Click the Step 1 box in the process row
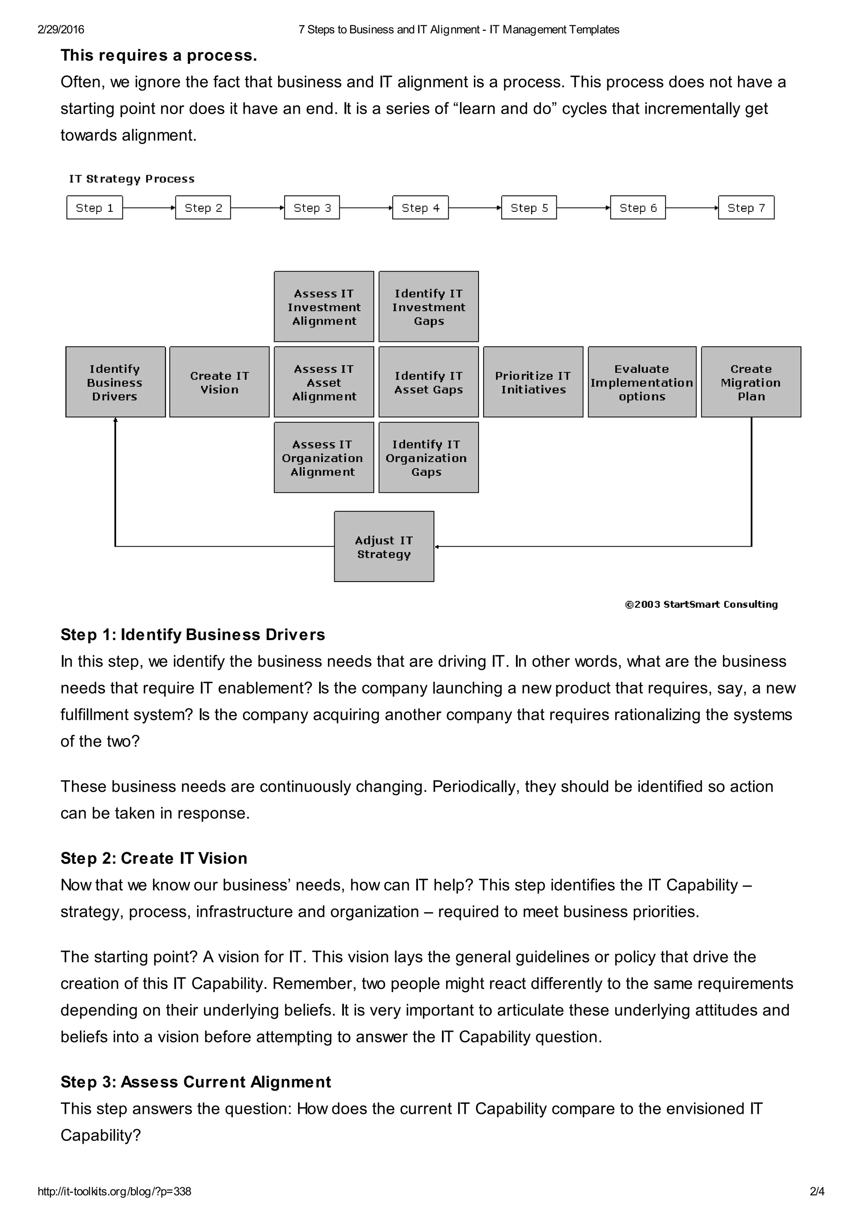click(x=95, y=208)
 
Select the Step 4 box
click(x=420, y=208)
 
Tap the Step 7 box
click(x=746, y=208)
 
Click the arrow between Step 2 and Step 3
click(x=258, y=208)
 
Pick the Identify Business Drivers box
click(x=115, y=382)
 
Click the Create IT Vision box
click(x=219, y=382)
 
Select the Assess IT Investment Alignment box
click(x=324, y=307)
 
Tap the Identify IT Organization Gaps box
click(x=428, y=457)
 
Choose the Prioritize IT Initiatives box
click(x=533, y=382)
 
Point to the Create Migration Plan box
click(x=750, y=382)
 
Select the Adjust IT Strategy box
click(x=384, y=547)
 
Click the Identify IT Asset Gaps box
click(x=428, y=382)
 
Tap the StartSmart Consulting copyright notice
click(x=701, y=604)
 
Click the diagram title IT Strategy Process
click(x=132, y=179)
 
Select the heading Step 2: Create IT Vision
click(x=154, y=858)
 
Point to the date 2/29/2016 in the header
click(x=61, y=30)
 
